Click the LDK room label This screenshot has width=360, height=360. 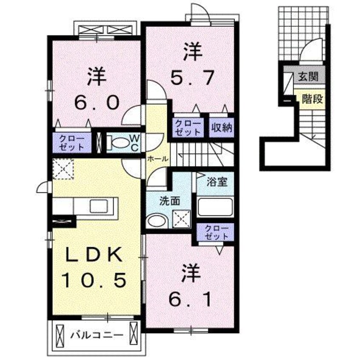point(94,256)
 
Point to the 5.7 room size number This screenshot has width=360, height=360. point(191,78)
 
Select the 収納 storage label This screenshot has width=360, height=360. point(222,127)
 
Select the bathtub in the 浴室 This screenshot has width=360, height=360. point(215,207)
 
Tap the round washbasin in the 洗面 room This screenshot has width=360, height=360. point(156,221)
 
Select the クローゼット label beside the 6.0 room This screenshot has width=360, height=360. point(72,143)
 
